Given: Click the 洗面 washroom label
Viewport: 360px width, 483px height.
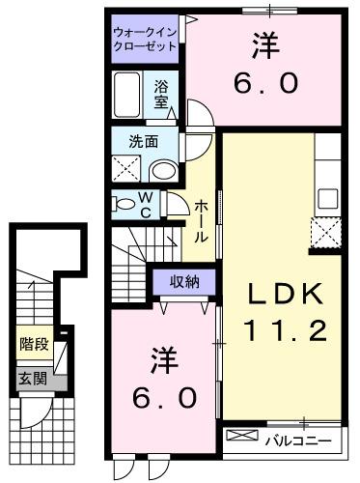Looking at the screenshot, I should [x=144, y=143].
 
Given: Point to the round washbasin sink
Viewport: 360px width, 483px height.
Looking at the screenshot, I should [x=163, y=171].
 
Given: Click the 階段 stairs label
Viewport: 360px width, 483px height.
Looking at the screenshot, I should [x=33, y=343].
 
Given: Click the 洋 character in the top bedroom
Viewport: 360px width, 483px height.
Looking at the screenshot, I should [x=263, y=43].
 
